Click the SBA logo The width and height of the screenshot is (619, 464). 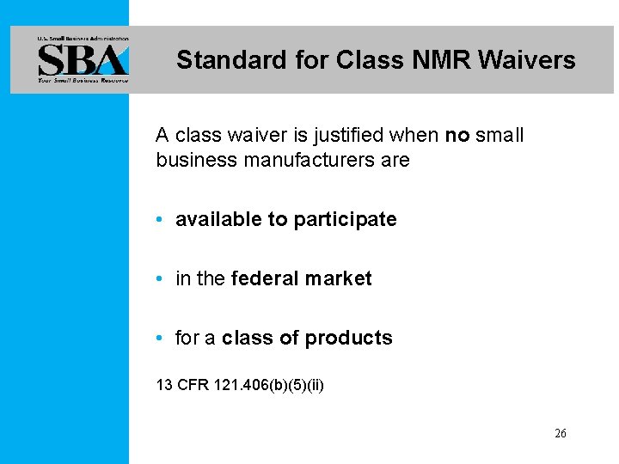pos(82,59)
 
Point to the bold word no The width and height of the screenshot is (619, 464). pos(457,136)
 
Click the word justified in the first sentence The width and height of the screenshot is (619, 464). pos(348,136)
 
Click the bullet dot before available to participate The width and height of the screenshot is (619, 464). pos(161,220)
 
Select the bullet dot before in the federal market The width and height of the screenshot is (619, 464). pos(161,279)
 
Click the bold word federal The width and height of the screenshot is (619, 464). pos(262,279)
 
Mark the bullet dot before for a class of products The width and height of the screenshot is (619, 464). pos(161,339)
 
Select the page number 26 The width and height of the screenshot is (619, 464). pos(560,434)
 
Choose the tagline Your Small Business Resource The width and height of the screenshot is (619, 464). pos(82,80)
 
